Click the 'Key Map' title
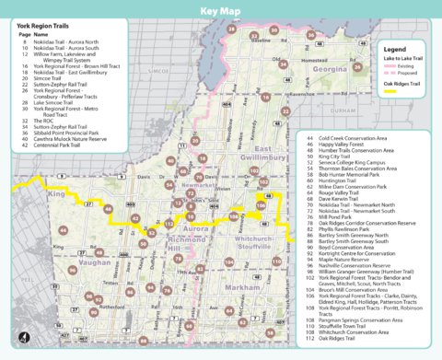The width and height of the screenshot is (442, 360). pos(220,12)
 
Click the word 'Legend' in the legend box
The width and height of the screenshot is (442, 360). pos(394,48)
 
